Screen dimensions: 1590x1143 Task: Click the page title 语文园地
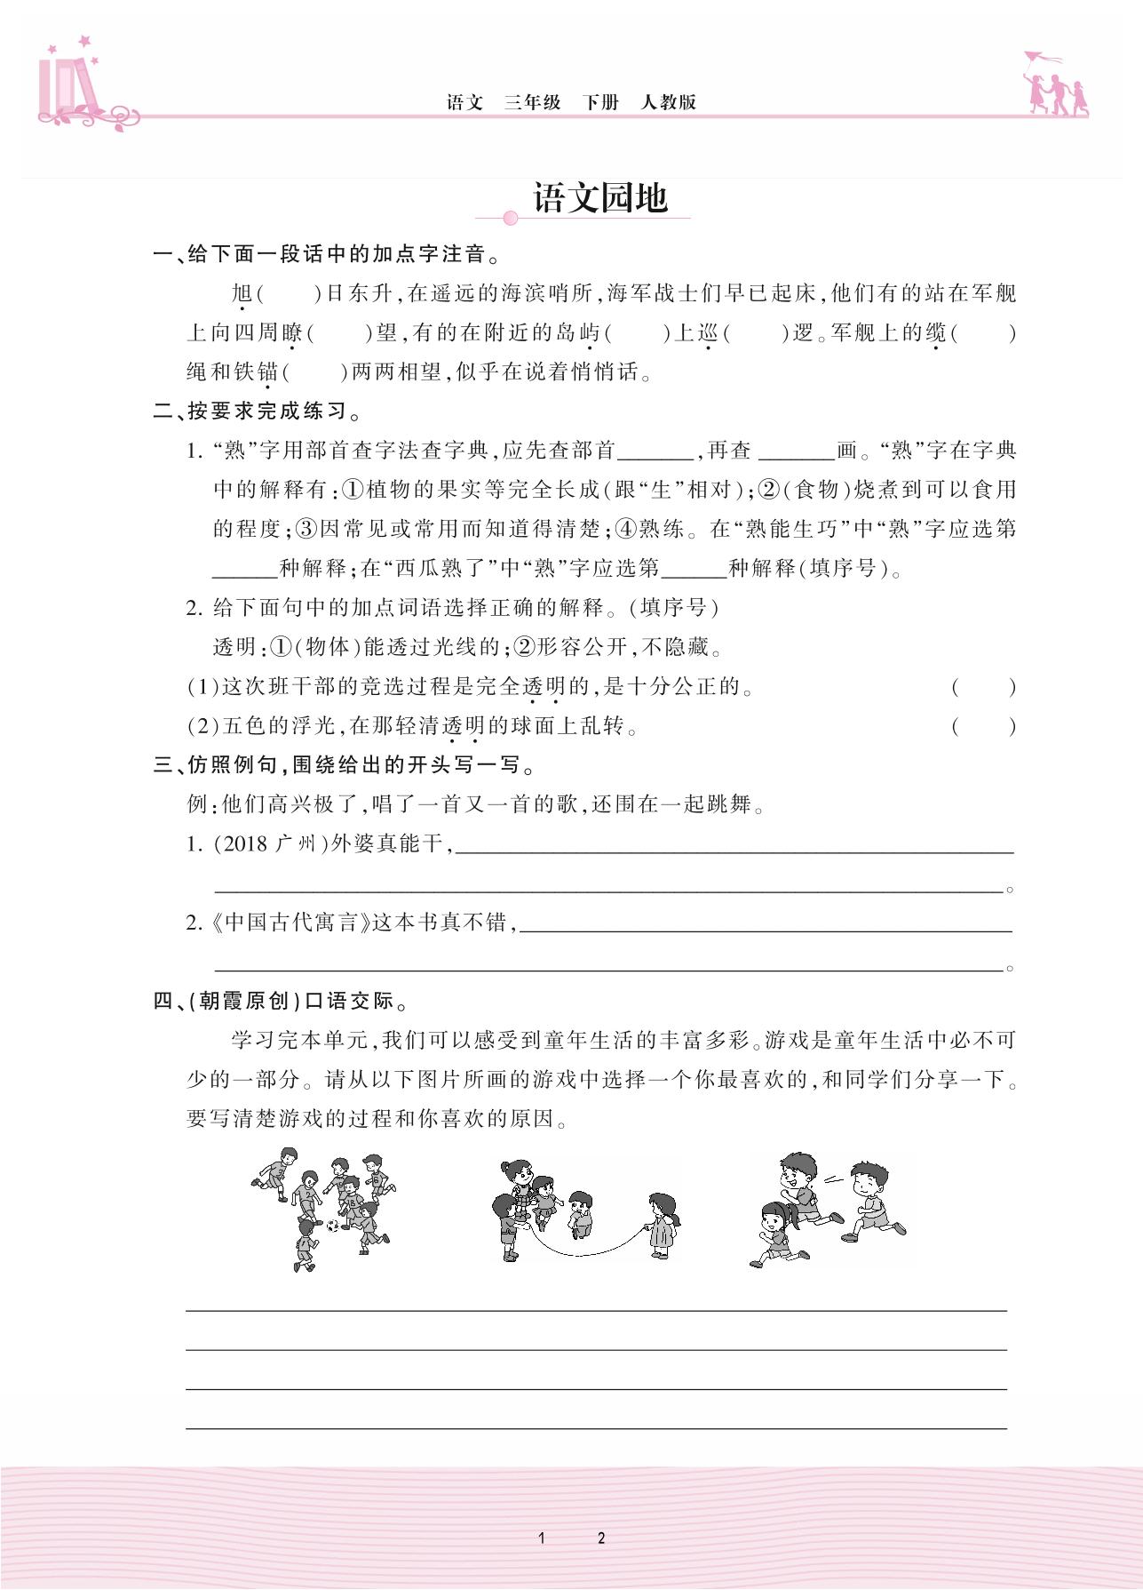click(x=600, y=197)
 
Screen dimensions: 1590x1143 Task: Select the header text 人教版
click(x=668, y=102)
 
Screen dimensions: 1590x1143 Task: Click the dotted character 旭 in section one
click(x=242, y=293)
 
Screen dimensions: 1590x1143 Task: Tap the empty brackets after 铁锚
click(x=314, y=372)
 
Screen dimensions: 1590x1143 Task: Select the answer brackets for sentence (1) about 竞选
click(x=983, y=687)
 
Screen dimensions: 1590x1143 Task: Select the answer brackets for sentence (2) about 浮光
click(x=983, y=726)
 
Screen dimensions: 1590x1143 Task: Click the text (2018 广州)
click(x=271, y=843)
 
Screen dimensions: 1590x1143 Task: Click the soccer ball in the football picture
click(x=332, y=1225)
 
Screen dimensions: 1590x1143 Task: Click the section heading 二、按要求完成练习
click(x=258, y=411)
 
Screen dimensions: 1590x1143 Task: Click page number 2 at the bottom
click(x=601, y=1538)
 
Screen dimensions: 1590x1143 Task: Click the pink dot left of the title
click(x=510, y=218)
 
